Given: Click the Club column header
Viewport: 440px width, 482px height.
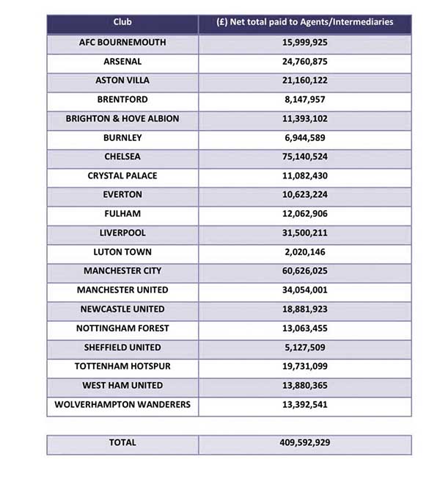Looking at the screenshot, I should point(122,22).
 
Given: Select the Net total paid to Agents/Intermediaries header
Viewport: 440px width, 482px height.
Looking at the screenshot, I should point(304,22).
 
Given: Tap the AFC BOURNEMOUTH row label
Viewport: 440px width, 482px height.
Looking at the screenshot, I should point(122,43).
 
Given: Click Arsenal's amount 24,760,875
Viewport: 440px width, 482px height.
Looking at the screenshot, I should point(304,62).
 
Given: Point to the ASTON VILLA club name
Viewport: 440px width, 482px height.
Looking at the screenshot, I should point(122,81).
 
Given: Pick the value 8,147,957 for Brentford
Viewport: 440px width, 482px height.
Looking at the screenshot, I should point(304,100).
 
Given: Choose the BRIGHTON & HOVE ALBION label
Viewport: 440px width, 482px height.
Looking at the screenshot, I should point(122,119).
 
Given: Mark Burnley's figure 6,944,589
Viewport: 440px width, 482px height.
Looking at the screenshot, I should point(304,138).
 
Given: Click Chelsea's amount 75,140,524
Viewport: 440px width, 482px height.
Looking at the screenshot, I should point(304,157).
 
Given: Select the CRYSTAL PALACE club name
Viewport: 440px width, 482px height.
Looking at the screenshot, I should point(122,176).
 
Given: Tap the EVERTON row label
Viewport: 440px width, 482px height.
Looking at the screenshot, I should point(122,195).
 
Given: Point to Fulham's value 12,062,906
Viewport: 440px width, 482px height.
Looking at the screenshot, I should point(304,214).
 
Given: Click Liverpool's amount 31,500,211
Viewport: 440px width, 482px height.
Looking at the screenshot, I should point(304,233).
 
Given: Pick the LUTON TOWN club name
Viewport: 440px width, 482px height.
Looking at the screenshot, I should point(122,252).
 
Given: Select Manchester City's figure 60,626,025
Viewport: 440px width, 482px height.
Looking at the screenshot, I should point(304,271).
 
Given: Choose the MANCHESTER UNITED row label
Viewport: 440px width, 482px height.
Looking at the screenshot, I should point(122,290).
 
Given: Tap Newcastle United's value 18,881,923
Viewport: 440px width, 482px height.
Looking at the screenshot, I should point(304,309).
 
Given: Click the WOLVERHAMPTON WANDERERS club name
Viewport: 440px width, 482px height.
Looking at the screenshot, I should point(122,405).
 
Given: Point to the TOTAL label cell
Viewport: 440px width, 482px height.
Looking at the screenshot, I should point(122,443).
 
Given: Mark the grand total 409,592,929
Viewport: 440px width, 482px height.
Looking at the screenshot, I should point(304,443).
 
